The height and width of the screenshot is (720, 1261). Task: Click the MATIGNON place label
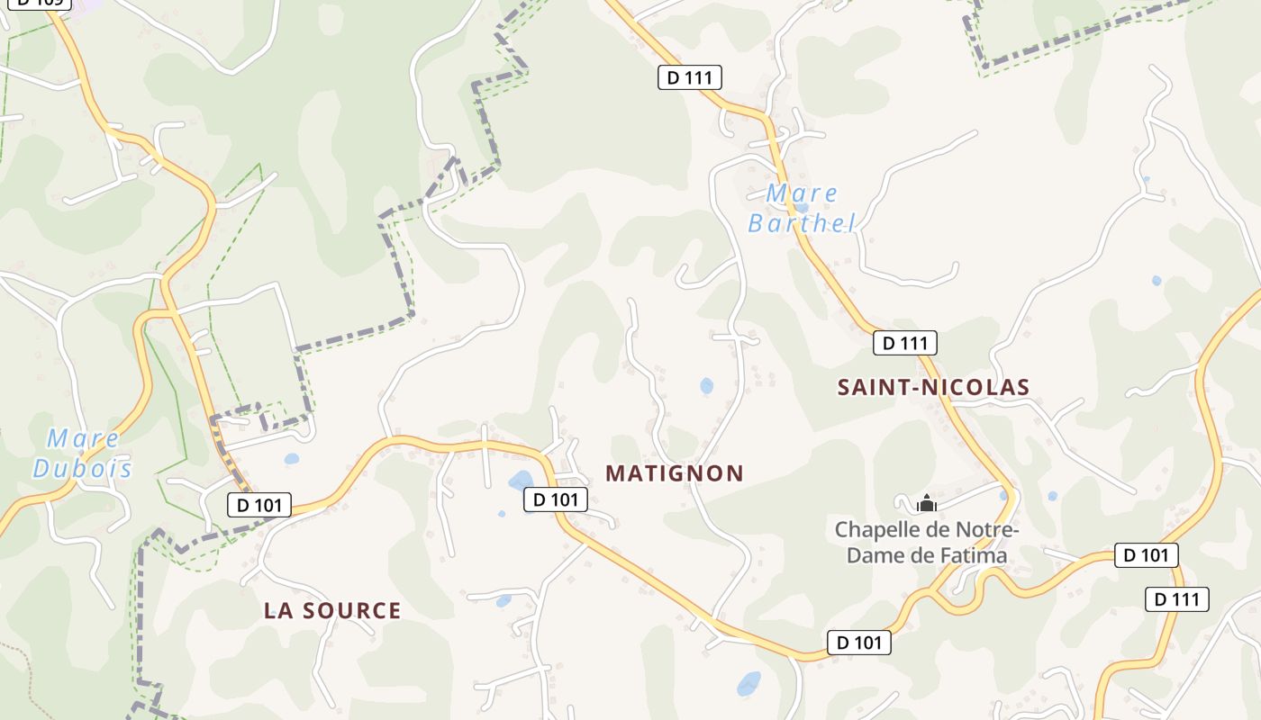(x=675, y=473)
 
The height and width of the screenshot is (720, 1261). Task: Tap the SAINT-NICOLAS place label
(x=933, y=387)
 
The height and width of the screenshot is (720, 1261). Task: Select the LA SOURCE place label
(x=332, y=611)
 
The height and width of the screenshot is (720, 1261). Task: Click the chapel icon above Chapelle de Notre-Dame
(x=927, y=503)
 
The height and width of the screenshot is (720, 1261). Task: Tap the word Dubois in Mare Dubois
(x=82, y=469)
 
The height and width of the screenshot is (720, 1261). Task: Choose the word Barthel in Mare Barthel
(x=801, y=223)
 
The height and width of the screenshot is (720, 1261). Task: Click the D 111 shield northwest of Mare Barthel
(x=690, y=77)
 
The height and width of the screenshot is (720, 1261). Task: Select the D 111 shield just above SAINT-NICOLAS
(x=905, y=343)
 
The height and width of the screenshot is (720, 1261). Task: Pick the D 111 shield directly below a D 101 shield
(x=1176, y=599)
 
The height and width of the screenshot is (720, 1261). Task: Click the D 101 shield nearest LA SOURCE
(x=259, y=505)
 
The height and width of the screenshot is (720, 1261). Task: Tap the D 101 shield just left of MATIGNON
(x=556, y=499)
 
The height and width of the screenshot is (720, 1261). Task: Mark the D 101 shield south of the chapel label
(x=859, y=643)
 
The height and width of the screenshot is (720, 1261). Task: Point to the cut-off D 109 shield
(x=40, y=3)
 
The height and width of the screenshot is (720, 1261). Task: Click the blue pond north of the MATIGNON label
(x=707, y=386)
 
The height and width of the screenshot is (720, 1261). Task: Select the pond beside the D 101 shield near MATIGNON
(x=521, y=481)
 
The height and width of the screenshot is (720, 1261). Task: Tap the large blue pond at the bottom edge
(x=748, y=684)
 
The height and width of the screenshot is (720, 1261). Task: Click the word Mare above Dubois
(x=83, y=439)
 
